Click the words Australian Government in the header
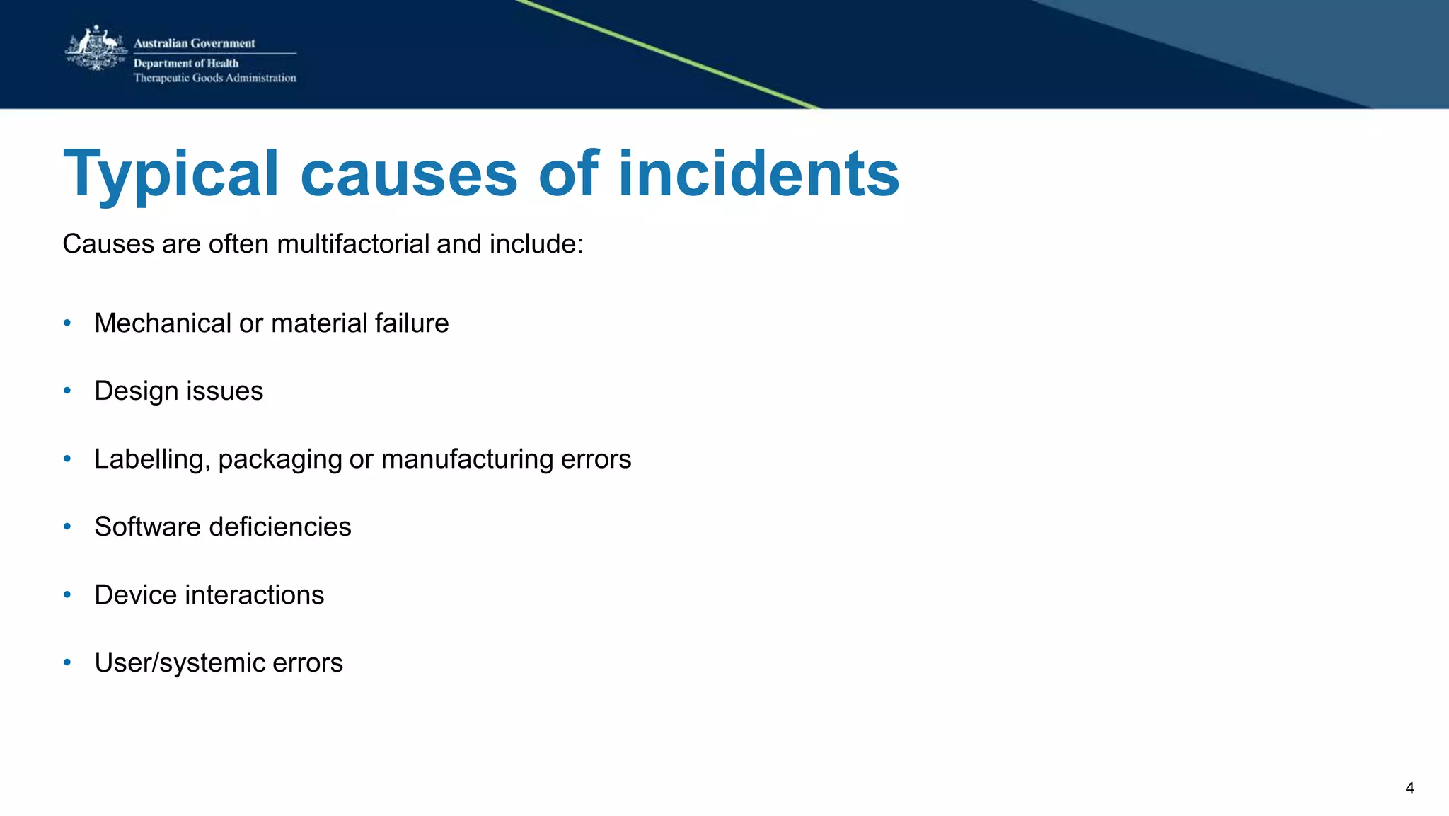(x=194, y=43)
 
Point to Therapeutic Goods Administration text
(x=214, y=78)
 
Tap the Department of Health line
(x=186, y=63)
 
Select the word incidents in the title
(x=758, y=173)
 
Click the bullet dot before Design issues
(x=67, y=391)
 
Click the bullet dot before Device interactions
(x=67, y=594)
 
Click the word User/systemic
(x=179, y=663)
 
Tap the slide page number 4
(x=1409, y=788)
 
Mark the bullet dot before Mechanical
(x=67, y=323)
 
